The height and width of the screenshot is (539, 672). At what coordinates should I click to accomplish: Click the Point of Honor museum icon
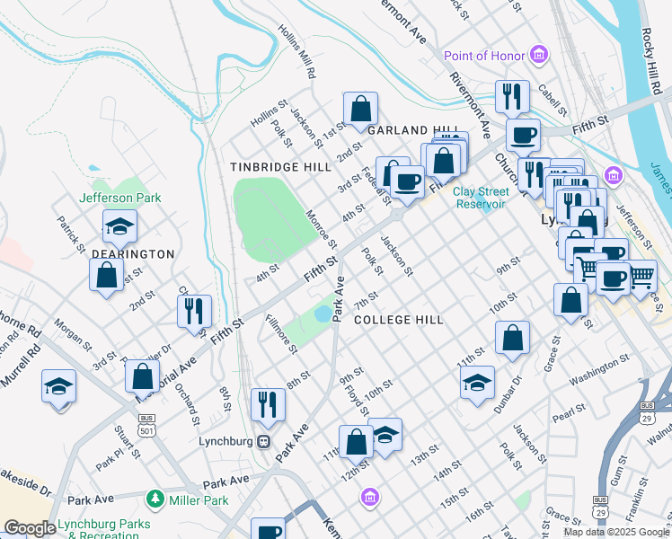point(539,56)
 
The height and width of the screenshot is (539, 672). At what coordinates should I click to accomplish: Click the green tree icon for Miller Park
point(155,498)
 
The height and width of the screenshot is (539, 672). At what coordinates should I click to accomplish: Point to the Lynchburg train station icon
point(264,442)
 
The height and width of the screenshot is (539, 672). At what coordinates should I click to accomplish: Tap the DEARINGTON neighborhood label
point(133,254)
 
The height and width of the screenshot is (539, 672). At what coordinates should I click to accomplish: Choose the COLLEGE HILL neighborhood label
point(400,320)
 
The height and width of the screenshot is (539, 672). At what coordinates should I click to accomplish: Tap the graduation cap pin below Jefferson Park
point(119,227)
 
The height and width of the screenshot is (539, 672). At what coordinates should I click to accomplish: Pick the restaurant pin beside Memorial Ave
point(194,311)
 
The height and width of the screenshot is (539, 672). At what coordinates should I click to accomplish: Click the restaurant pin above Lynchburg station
point(268,404)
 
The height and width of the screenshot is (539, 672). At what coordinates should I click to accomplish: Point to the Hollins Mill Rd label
point(297,50)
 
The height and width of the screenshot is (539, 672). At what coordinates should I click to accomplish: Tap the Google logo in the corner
point(30,528)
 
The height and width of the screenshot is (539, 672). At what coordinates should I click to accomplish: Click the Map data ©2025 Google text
point(615,532)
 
